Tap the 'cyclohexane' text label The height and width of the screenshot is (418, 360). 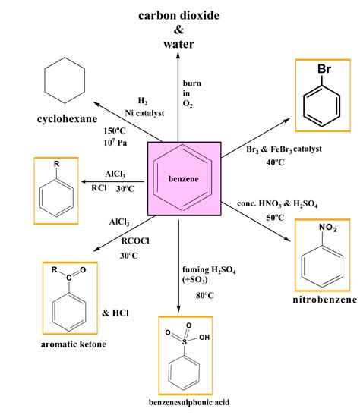click(63, 120)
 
